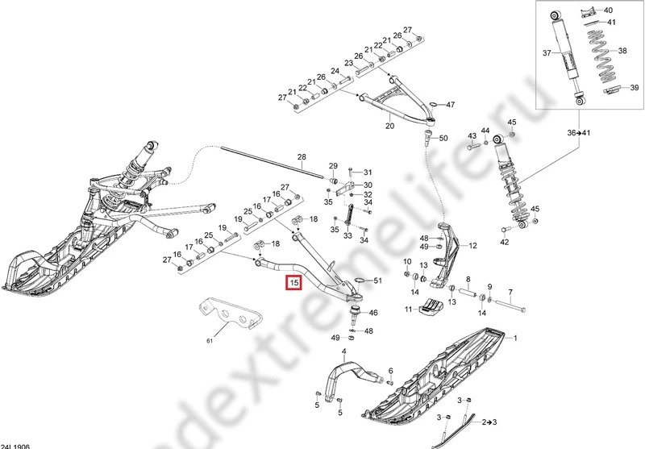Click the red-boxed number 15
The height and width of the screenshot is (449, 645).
pos(294,283)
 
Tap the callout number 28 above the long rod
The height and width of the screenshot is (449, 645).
pos(302,156)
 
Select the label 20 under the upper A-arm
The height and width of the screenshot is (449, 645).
pos(389,127)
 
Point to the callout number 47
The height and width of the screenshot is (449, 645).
pos(451,105)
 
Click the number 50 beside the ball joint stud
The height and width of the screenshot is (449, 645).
pos(443,139)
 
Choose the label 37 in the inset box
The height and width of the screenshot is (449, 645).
pos(545,53)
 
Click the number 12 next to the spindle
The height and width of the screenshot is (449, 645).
pos(473,246)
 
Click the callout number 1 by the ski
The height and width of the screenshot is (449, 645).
pos(515,338)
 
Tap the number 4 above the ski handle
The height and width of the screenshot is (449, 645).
pos(343,351)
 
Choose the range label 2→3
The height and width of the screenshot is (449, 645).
pos(489,422)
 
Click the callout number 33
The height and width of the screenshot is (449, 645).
pos(347,236)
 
